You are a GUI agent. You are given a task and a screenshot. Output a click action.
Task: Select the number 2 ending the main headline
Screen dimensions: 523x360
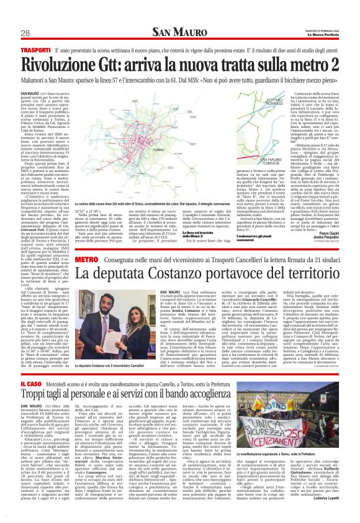[x=327, y=63]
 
